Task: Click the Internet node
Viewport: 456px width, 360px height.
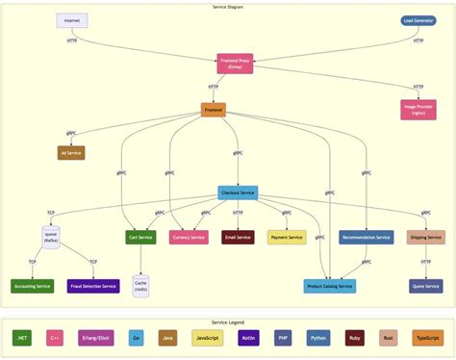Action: click(72, 20)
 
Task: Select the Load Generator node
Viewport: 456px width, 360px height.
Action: click(418, 20)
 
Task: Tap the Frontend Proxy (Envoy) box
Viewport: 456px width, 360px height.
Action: click(235, 64)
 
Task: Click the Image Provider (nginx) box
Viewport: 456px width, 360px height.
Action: click(418, 110)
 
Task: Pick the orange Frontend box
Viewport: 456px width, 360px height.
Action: click(214, 111)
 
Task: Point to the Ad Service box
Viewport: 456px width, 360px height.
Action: click(72, 152)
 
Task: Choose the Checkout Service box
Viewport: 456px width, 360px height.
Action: click(238, 193)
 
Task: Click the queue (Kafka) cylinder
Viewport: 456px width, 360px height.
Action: click(52, 237)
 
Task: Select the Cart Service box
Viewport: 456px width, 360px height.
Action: click(140, 237)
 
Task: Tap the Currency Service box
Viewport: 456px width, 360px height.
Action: click(189, 237)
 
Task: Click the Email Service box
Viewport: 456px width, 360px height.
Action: click(238, 237)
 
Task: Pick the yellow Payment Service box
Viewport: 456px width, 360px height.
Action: click(287, 237)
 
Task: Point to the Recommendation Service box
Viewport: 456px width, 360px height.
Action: click(366, 237)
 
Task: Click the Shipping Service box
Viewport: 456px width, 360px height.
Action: click(425, 237)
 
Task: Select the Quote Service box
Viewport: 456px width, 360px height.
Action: click(425, 286)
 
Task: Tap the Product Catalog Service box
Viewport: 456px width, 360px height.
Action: click(330, 286)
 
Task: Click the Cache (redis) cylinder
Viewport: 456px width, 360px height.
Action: click(140, 285)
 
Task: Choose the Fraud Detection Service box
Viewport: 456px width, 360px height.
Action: click(93, 286)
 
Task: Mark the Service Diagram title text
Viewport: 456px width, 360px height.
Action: click(228, 7)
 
